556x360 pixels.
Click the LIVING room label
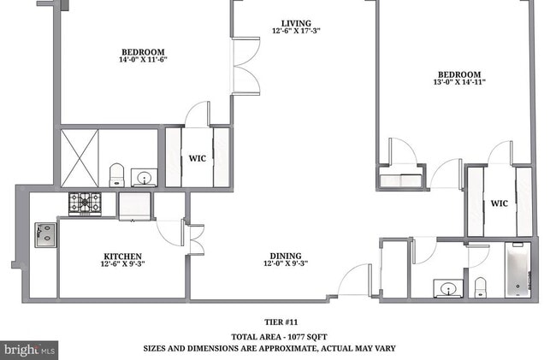pyautogui.click(x=296, y=23)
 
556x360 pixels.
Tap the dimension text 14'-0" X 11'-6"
pyautogui.click(x=142, y=61)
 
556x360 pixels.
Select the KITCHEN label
pyautogui.click(x=122, y=256)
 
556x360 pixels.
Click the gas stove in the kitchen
pyautogui.click(x=85, y=203)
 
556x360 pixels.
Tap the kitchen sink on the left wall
pyautogui.click(x=44, y=233)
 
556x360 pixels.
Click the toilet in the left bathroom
pyautogui.click(x=117, y=174)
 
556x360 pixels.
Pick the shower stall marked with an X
pyautogui.click(x=80, y=158)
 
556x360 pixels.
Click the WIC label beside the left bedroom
pyautogui.click(x=198, y=158)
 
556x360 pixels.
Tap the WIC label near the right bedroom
pyautogui.click(x=499, y=204)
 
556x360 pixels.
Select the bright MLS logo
pyautogui.click(x=29, y=350)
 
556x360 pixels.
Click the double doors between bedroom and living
pyautogui.click(x=245, y=65)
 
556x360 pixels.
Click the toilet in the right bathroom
pyautogui.click(x=480, y=286)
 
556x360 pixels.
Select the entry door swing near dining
pyautogui.click(x=354, y=280)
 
